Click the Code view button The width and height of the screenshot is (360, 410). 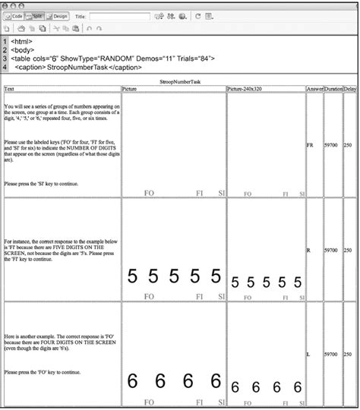16,15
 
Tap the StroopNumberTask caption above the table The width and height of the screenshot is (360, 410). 179,80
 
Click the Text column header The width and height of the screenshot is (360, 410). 8,89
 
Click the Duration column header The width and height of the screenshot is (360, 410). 333,89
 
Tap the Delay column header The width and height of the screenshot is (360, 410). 350,89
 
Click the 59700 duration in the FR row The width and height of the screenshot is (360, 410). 331,143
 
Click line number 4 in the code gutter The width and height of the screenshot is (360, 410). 5,67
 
